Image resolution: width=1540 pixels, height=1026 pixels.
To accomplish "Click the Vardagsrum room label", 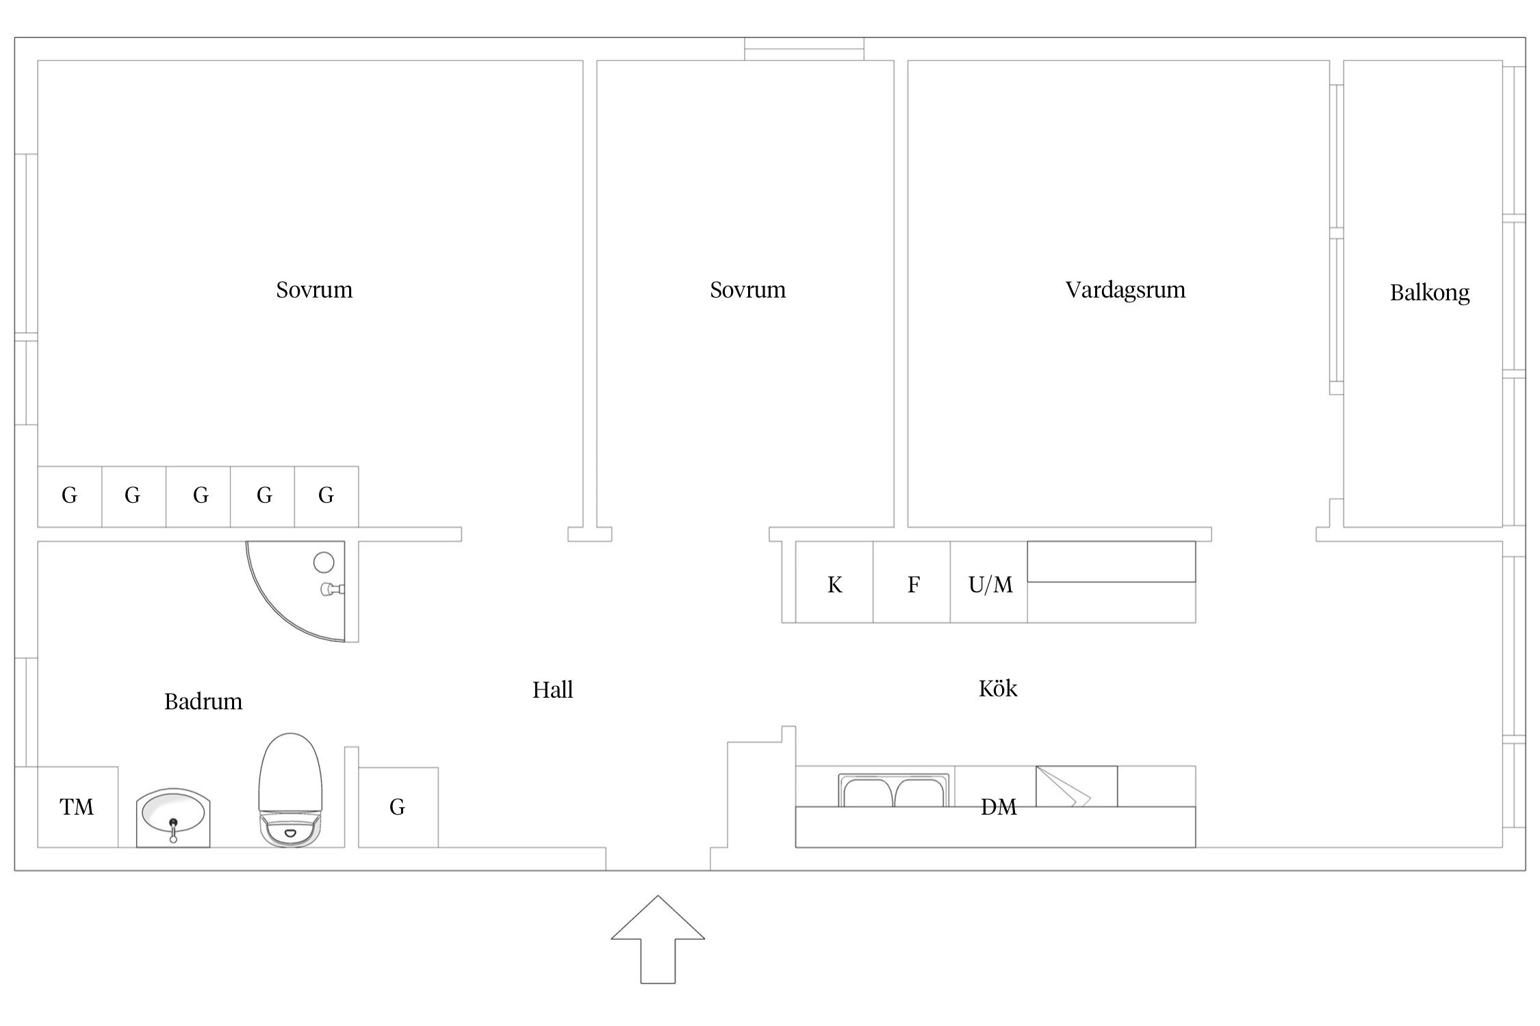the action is (x=1125, y=290).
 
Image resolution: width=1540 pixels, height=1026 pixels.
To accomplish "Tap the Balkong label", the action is (x=1430, y=293).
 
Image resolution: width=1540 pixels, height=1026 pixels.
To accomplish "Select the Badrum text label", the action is (x=203, y=702).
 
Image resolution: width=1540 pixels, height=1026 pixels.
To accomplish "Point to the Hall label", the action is (x=552, y=690).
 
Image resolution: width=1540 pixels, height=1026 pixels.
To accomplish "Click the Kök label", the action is (x=998, y=689).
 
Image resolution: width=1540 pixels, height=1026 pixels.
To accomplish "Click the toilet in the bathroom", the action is (x=290, y=790).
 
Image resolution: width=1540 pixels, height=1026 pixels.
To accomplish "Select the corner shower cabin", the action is (x=301, y=592).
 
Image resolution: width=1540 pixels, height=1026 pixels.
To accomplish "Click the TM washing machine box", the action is (x=77, y=807).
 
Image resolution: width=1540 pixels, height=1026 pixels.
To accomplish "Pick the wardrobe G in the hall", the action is (x=398, y=808).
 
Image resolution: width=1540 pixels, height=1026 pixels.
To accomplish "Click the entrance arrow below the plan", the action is (x=658, y=939).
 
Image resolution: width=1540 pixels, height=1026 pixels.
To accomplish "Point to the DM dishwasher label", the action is (x=999, y=808).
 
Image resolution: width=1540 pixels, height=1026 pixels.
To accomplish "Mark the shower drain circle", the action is (x=324, y=562).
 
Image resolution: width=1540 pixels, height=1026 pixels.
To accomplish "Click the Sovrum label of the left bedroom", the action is (x=314, y=290).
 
